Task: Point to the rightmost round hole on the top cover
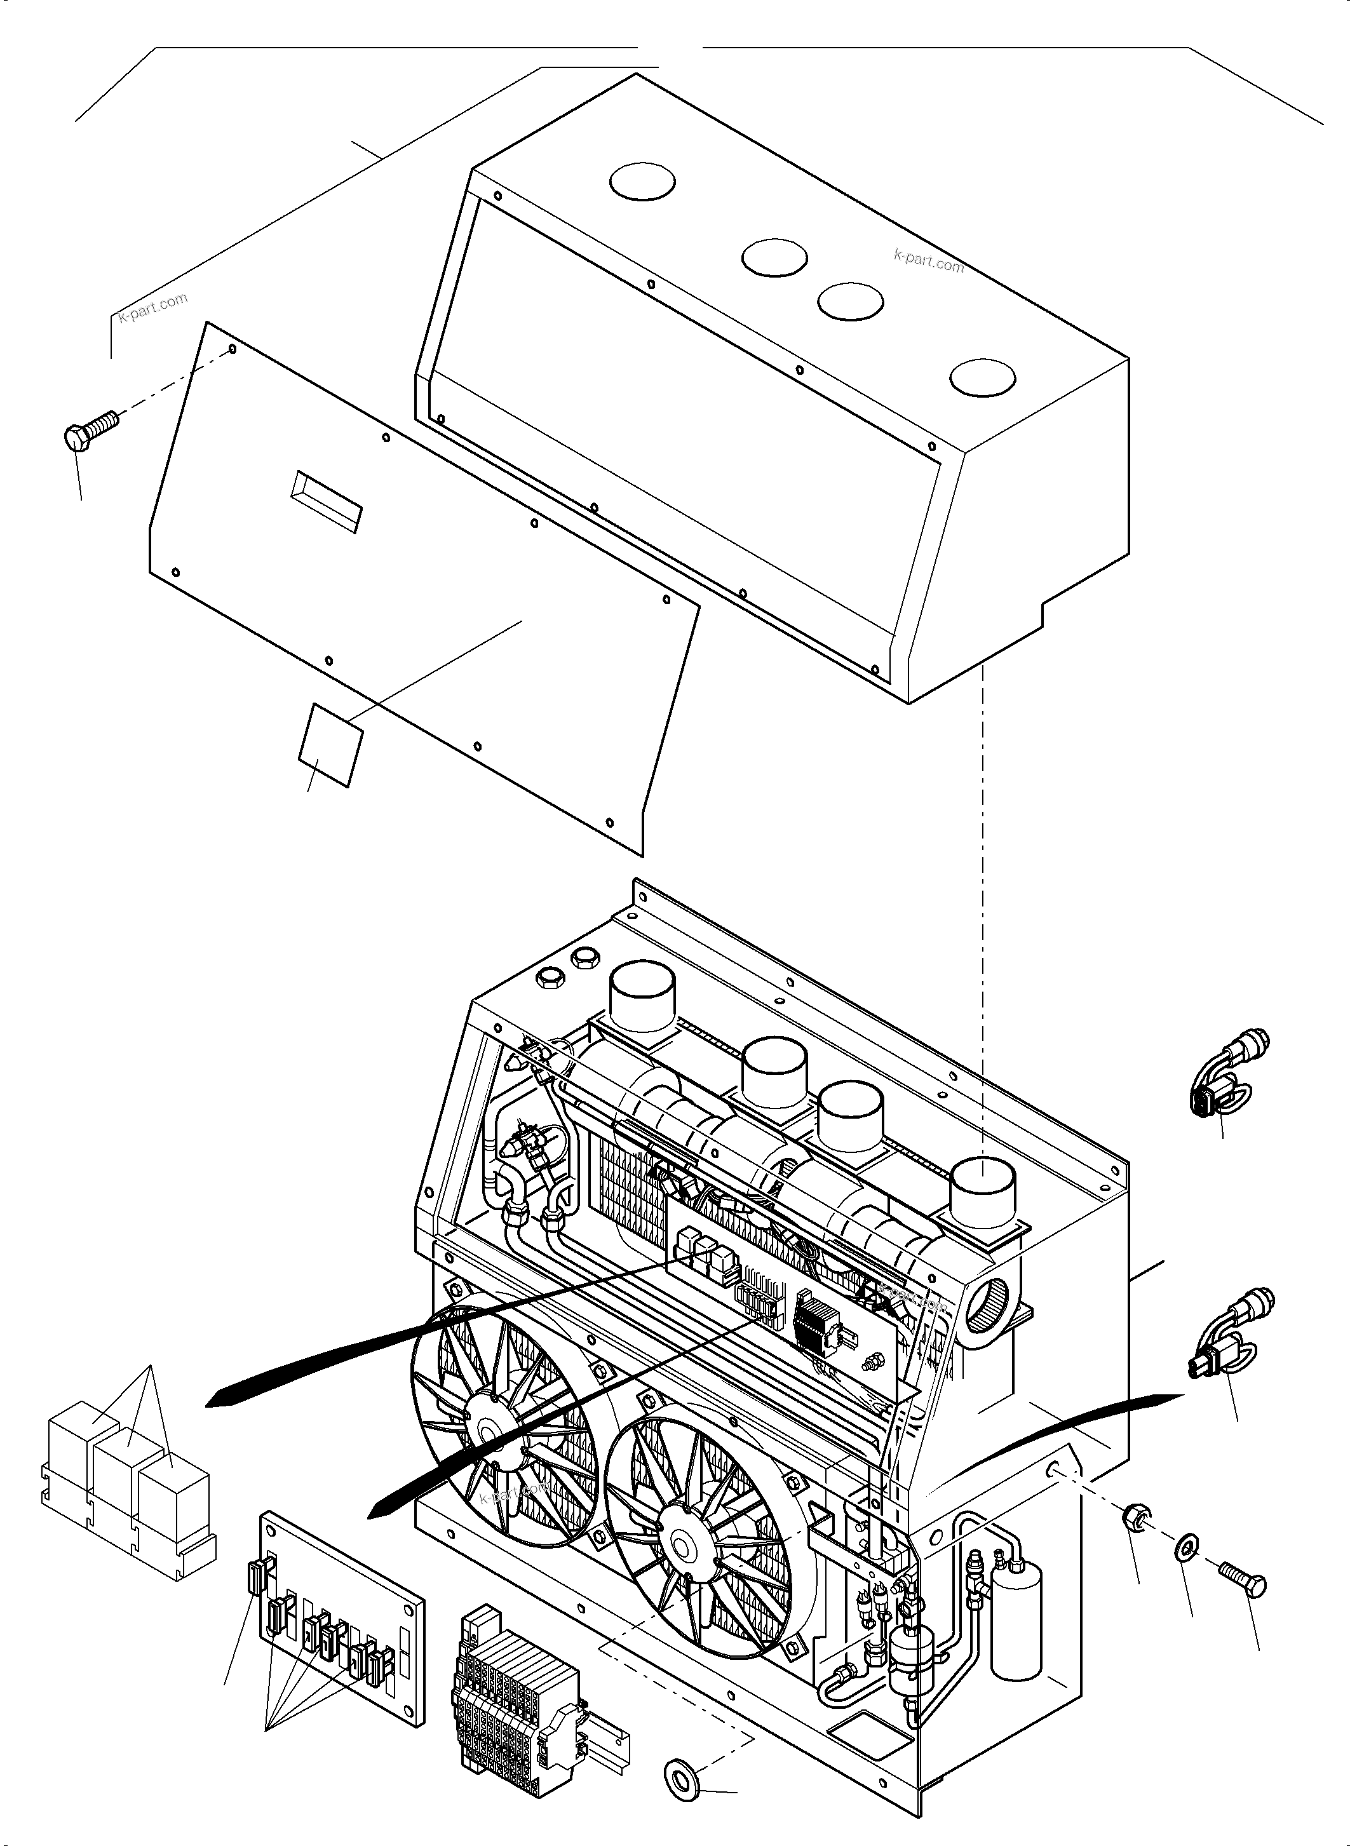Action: (x=983, y=377)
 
